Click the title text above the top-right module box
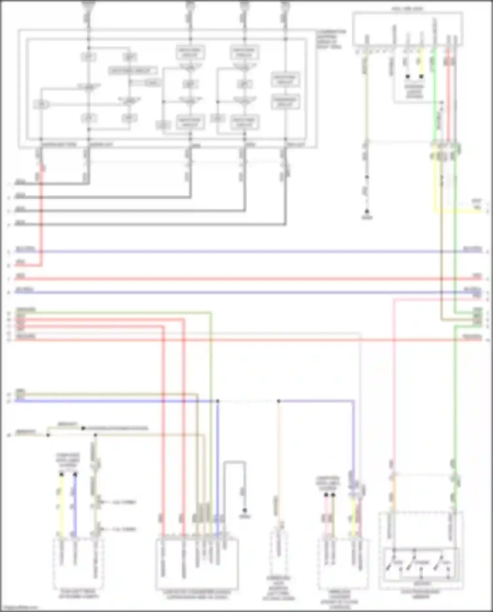point(408,8)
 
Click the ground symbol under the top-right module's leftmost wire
point(367,213)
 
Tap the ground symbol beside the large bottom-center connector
point(245,512)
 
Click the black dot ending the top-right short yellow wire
point(421,76)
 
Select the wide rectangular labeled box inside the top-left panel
point(133,71)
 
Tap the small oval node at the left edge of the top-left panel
point(41,105)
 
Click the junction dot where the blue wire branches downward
point(218,401)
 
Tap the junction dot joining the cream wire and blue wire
point(279,401)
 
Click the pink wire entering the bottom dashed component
point(326,516)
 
